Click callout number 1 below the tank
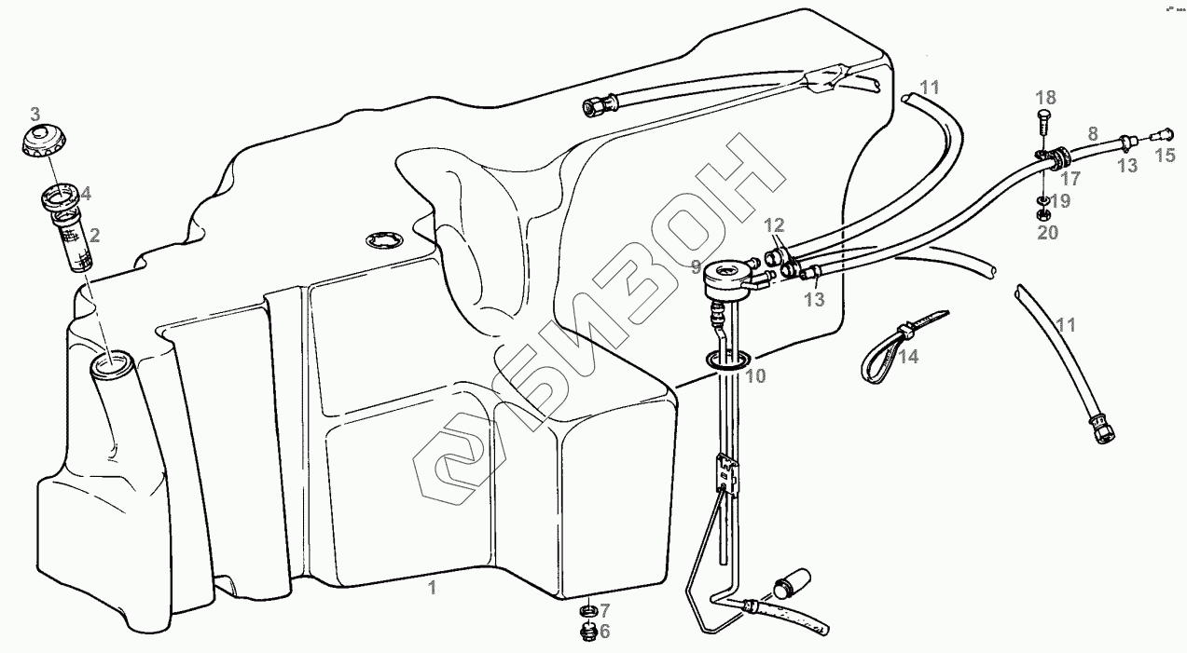pos(432,587)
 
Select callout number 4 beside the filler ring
pos(86,194)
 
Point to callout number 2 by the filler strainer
pos(95,235)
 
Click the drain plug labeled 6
pos(587,633)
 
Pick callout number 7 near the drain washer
pos(604,610)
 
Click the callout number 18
pos(1045,97)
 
